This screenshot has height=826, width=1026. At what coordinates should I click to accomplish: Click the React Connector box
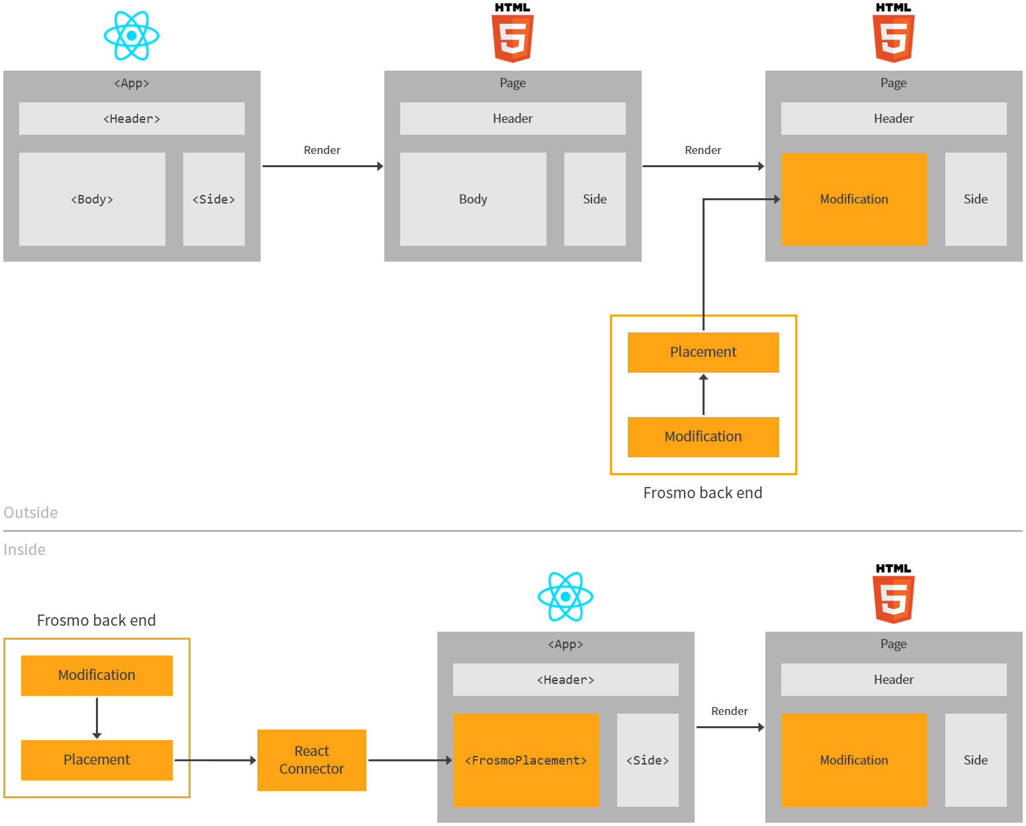pyautogui.click(x=312, y=760)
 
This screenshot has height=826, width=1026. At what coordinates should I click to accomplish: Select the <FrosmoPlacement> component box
pyautogui.click(x=526, y=760)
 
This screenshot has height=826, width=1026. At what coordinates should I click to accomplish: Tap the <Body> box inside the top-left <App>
pyautogui.click(x=92, y=199)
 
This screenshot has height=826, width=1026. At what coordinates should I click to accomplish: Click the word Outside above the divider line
pyautogui.click(x=30, y=513)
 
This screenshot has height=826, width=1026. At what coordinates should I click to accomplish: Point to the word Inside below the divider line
pyautogui.click(x=24, y=550)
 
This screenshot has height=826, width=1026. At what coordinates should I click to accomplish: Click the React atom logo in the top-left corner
pyautogui.click(x=132, y=36)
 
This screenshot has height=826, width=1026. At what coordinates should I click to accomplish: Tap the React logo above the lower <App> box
pyautogui.click(x=566, y=596)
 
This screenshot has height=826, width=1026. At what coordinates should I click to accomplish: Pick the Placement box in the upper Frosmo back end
pyautogui.click(x=703, y=352)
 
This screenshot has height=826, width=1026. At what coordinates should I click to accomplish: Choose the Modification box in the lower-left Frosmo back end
pyautogui.click(x=97, y=675)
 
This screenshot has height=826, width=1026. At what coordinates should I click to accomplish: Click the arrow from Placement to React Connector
pyautogui.click(x=215, y=760)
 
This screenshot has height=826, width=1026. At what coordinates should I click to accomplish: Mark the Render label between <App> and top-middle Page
pyautogui.click(x=322, y=150)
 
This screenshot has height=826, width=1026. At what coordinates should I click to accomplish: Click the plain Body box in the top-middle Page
pyautogui.click(x=473, y=199)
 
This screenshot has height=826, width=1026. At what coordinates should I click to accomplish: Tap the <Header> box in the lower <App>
pyautogui.click(x=566, y=679)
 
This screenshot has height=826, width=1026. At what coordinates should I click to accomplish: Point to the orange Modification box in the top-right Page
pyautogui.click(x=854, y=199)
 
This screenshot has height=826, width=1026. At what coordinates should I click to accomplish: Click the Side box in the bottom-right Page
pyautogui.click(x=976, y=760)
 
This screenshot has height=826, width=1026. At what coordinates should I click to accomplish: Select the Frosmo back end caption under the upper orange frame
pyautogui.click(x=703, y=493)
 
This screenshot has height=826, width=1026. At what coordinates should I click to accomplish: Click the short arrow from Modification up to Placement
pyautogui.click(x=703, y=394)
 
